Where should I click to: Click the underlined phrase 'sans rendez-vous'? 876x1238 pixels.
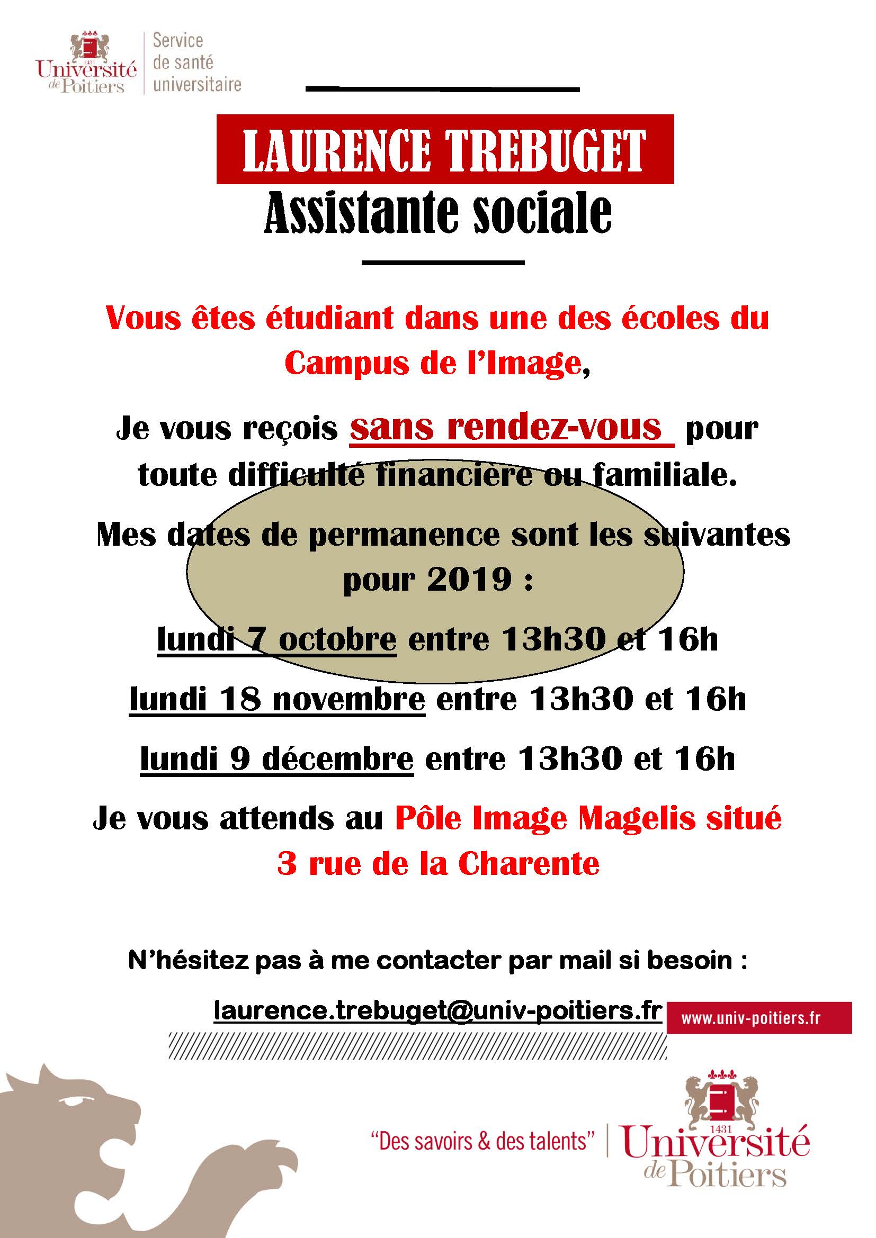(x=506, y=428)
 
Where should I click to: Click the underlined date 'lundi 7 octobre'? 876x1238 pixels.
(x=276, y=640)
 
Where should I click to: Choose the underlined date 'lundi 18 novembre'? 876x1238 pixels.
(x=276, y=700)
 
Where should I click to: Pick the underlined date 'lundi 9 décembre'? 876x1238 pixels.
(x=276, y=759)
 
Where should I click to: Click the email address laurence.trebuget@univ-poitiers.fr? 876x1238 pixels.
(x=437, y=1010)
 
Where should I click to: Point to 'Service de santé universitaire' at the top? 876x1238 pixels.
(x=196, y=62)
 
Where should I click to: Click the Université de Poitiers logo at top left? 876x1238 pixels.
(x=86, y=64)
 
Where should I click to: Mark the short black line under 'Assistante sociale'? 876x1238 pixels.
(x=443, y=263)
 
